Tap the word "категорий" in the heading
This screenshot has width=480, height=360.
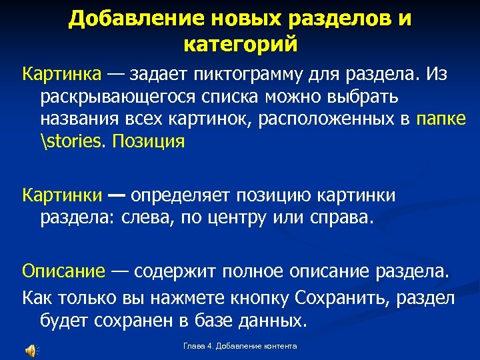coord(240,45)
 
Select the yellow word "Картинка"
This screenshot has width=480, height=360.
coord(61,73)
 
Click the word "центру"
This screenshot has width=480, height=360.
coord(252,218)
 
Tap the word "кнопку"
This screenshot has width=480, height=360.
coord(262,296)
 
